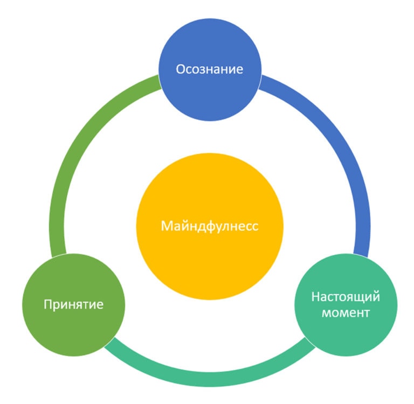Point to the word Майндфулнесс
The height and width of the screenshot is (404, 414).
pyautogui.click(x=210, y=226)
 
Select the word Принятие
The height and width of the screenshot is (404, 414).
pyautogui.click(x=73, y=305)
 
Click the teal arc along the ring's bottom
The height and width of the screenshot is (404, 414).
pyautogui.click(x=210, y=379)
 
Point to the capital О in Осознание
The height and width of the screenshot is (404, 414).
pyautogui.click(x=181, y=69)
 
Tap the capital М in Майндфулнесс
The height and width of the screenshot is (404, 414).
pyautogui.click(x=166, y=226)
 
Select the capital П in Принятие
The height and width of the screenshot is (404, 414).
pyautogui.click(x=47, y=305)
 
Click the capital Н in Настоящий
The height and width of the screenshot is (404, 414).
pyautogui.click(x=315, y=296)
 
